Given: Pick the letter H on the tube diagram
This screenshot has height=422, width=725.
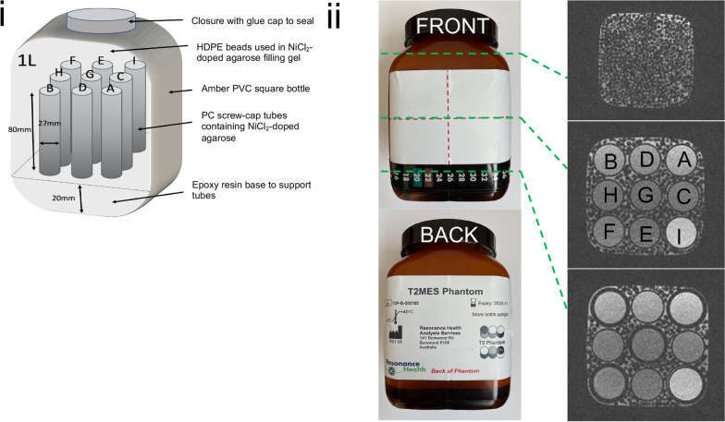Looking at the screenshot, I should click(59, 73).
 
